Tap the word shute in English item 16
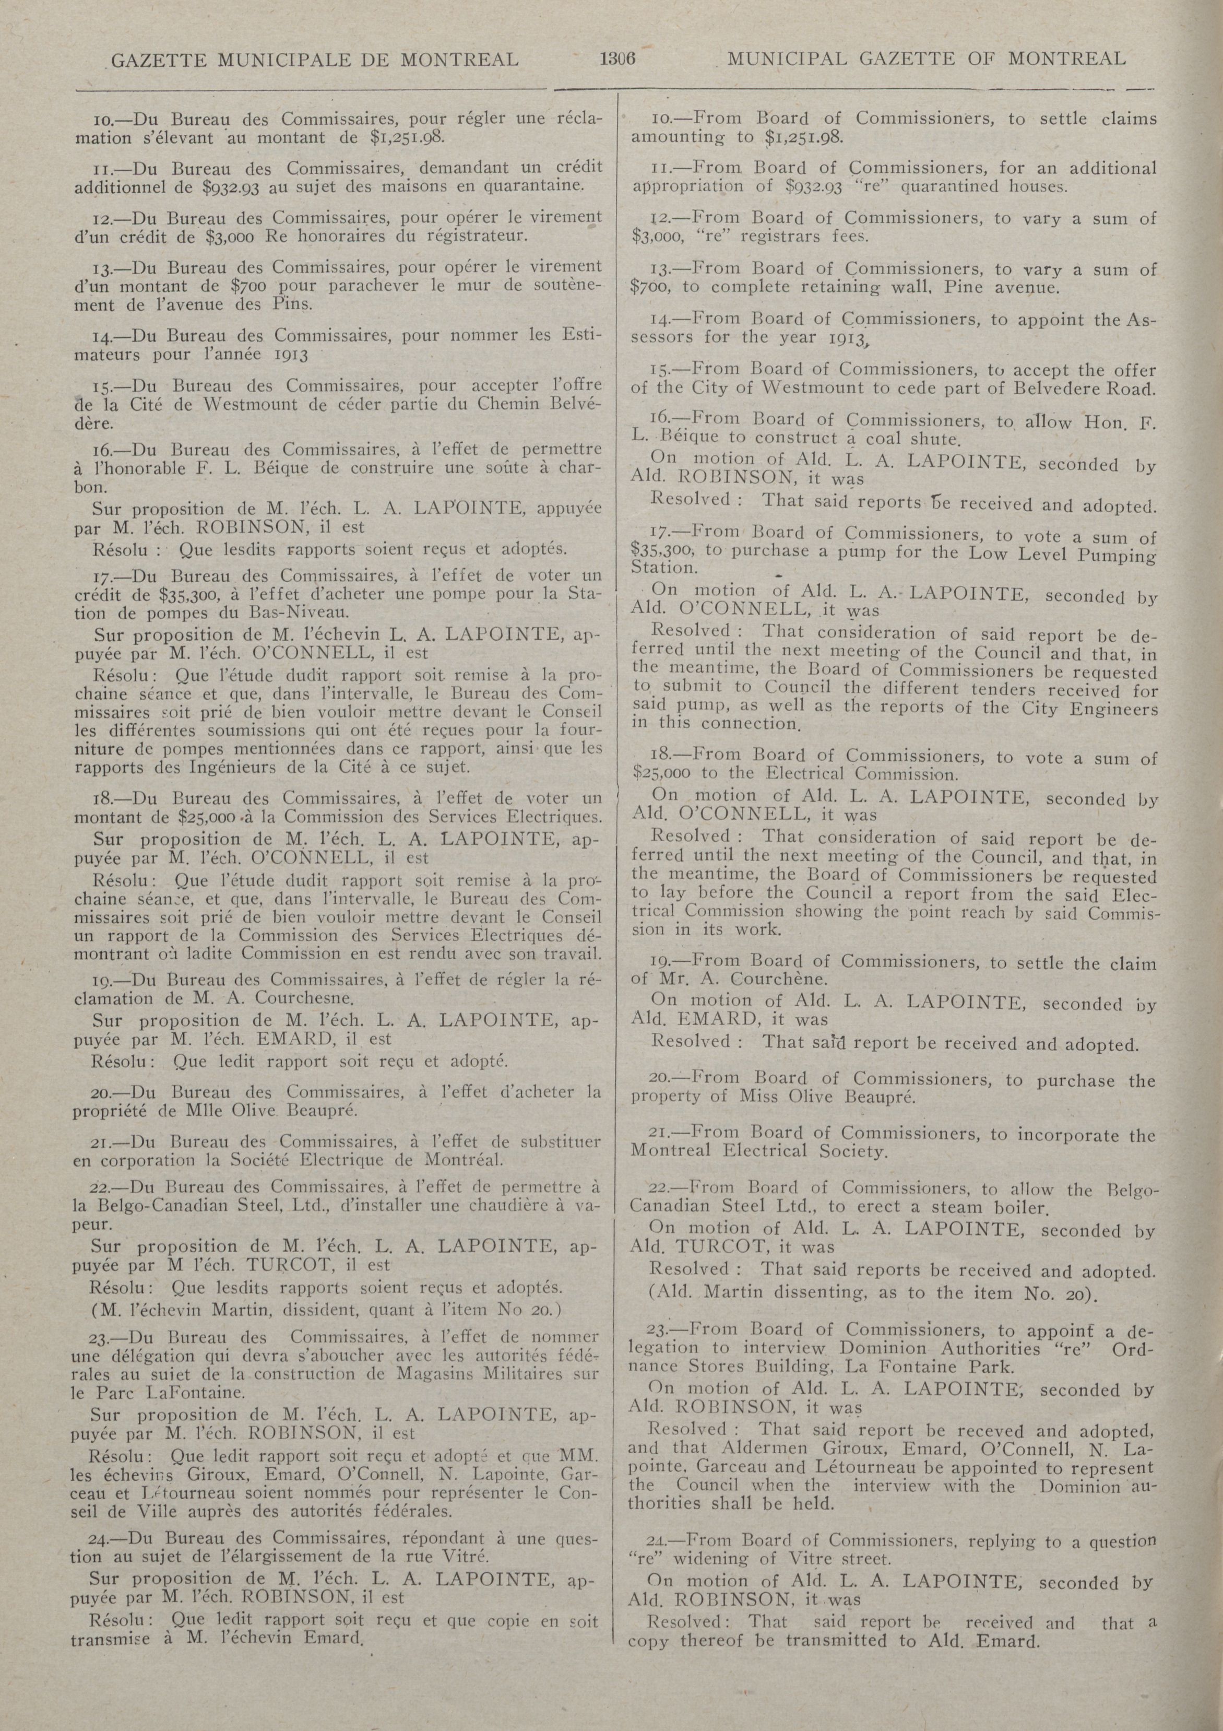(x=933, y=438)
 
